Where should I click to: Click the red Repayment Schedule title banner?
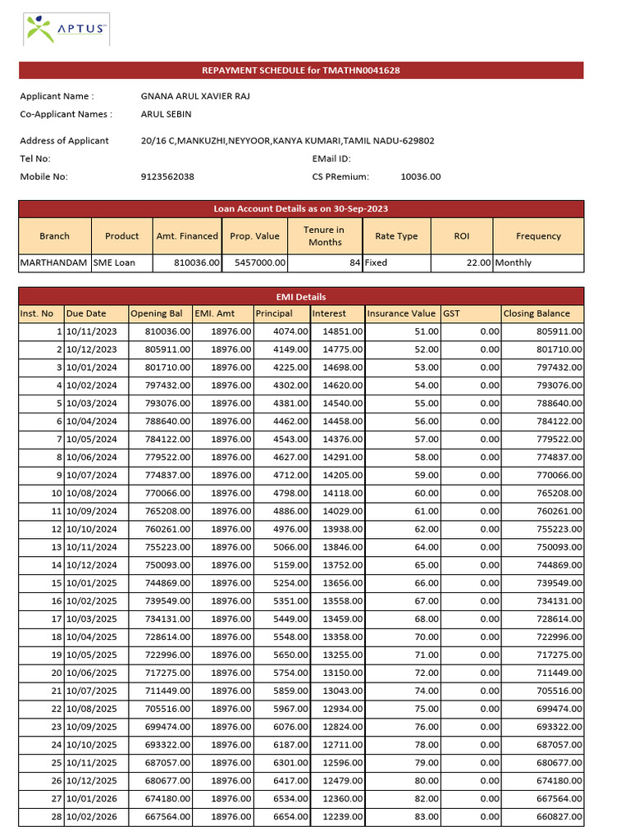pos(301,71)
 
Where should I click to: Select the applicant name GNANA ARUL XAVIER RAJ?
pos(195,96)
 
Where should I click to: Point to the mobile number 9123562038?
pos(167,176)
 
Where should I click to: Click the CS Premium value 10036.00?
pos(420,176)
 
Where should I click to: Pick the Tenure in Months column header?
pos(324,235)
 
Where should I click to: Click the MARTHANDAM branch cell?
pos(54,262)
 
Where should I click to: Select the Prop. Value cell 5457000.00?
pos(259,262)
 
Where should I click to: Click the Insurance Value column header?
pos(401,313)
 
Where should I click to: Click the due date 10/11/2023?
pos(92,331)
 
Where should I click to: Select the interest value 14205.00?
pos(338,475)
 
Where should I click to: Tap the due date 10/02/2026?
pos(92,817)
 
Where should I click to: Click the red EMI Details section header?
pos(301,296)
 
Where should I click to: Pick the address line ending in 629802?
pos(287,140)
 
